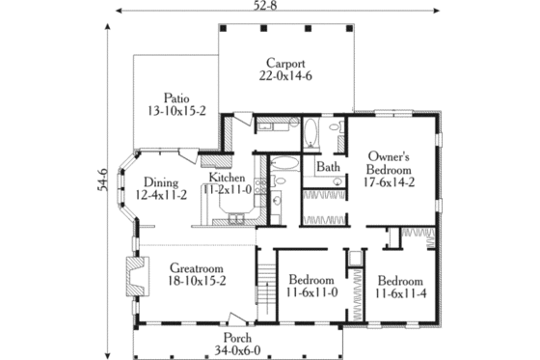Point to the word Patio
click(175, 97)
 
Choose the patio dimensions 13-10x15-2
click(175, 110)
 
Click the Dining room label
click(161, 181)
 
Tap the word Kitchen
click(228, 178)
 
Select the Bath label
click(329, 167)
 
